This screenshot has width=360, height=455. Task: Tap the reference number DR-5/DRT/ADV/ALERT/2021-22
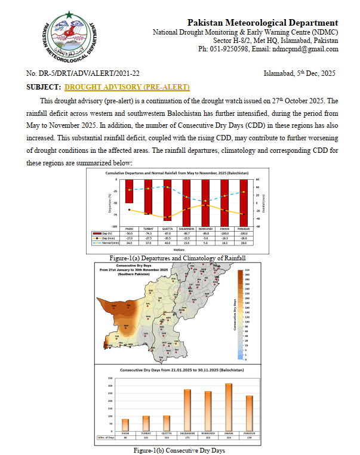tap(83, 73)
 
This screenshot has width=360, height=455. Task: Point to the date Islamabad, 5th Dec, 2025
tap(299, 73)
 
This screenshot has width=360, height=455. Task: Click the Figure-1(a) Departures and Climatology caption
tap(178, 258)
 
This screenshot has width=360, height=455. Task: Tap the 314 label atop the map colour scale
tap(247, 270)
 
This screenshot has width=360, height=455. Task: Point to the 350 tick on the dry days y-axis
tap(110, 379)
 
